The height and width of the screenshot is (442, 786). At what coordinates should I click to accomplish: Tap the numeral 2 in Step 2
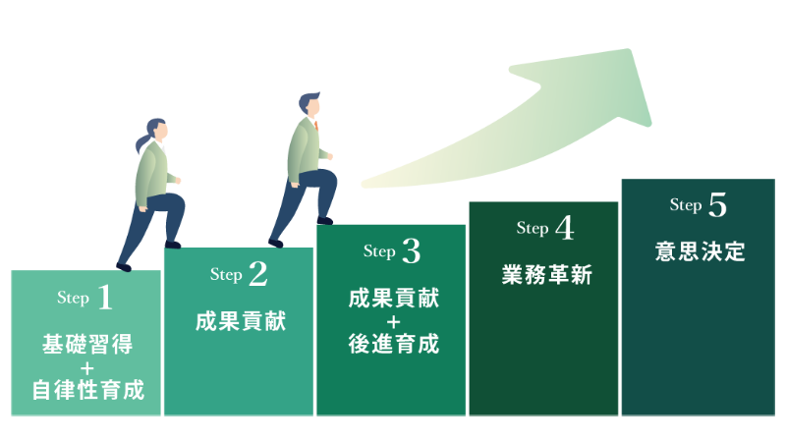[257, 276]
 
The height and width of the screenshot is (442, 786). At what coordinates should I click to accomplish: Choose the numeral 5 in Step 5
[716, 206]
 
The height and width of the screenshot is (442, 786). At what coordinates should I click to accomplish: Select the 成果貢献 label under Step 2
[241, 321]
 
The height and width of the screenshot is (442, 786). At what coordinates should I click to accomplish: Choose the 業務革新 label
[546, 276]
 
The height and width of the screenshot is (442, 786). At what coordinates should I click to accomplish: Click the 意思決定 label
[700, 252]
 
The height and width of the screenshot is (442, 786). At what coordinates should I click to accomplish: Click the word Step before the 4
[533, 229]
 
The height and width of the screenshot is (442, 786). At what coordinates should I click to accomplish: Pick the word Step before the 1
[74, 298]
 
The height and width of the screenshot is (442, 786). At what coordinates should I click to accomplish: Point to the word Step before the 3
[379, 251]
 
